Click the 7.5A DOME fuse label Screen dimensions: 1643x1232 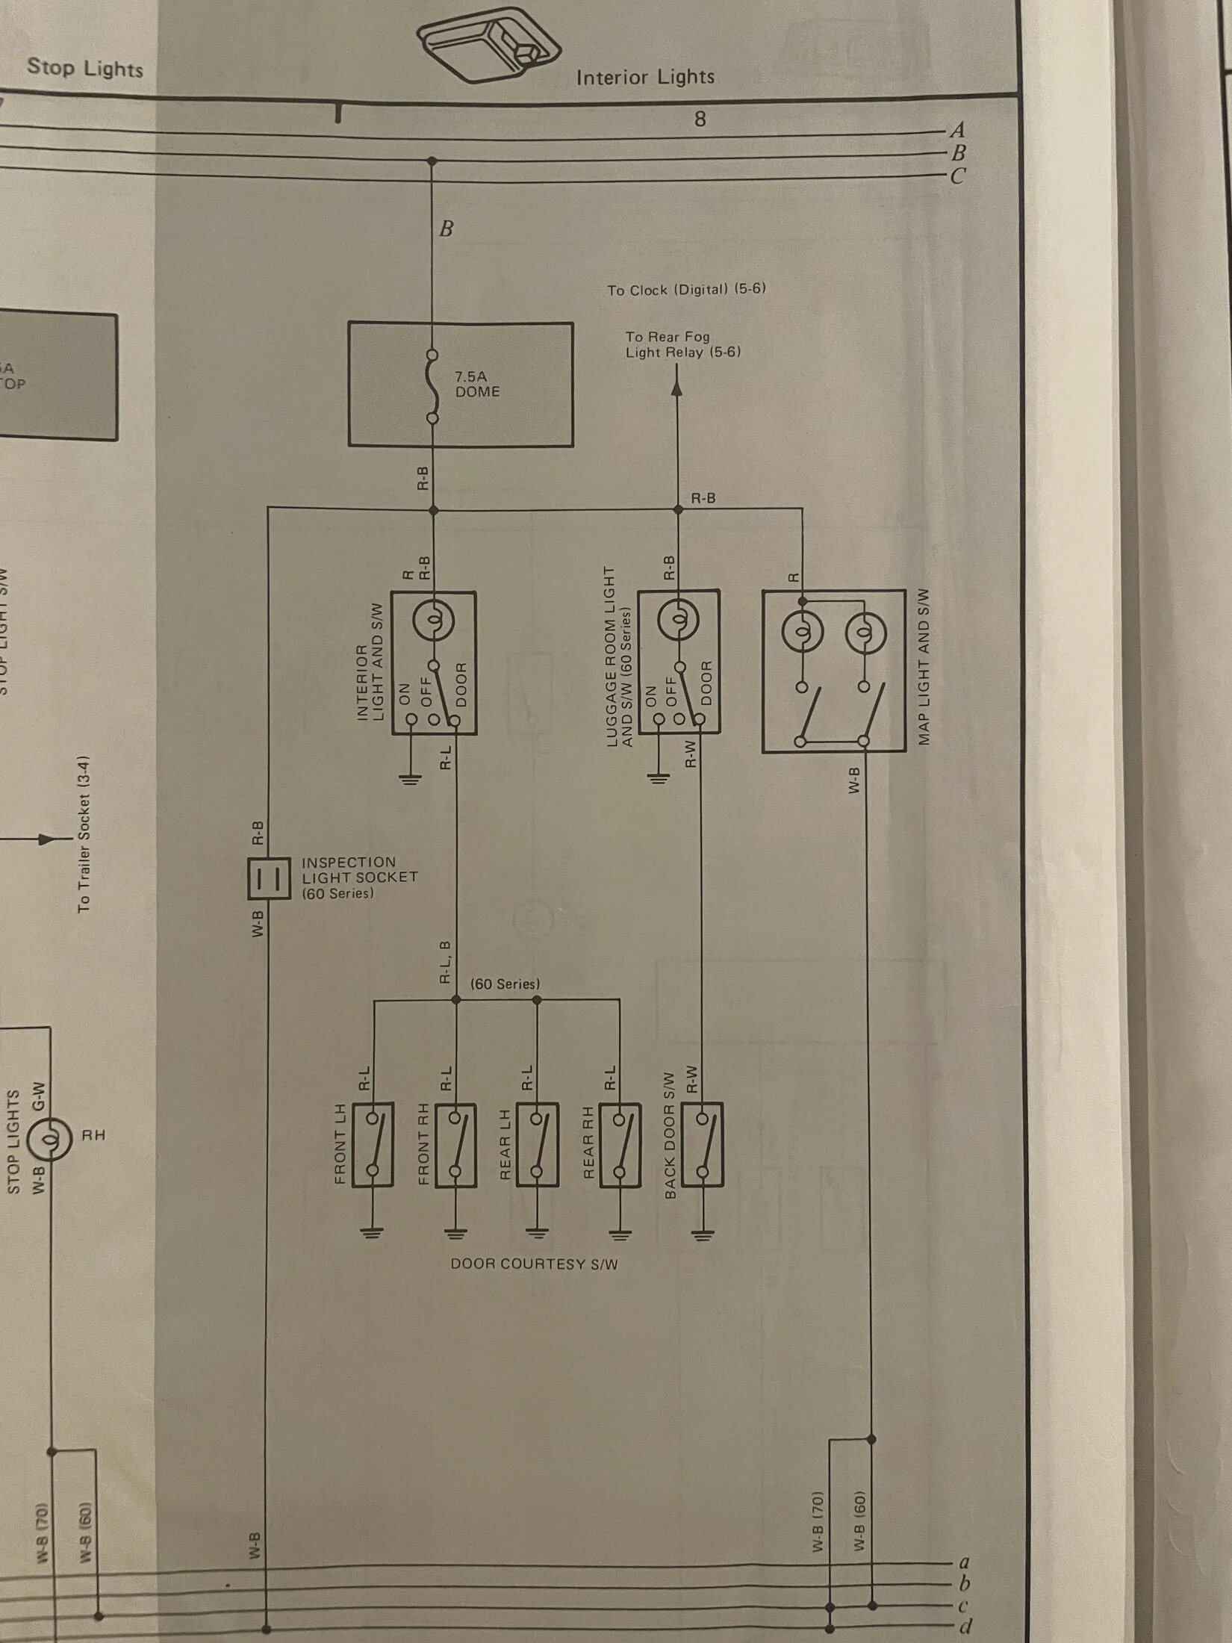click(476, 384)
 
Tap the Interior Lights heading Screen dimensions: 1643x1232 click(645, 77)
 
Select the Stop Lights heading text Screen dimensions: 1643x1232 click(84, 68)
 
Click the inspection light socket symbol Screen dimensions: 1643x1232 click(268, 878)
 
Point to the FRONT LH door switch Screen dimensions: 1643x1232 click(373, 1143)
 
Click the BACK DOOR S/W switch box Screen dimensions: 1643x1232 click(702, 1143)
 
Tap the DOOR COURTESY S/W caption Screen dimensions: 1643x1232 click(534, 1264)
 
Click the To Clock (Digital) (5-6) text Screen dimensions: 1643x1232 click(686, 289)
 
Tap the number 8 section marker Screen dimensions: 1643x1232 click(700, 119)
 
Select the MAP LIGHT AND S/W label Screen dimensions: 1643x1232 click(924, 666)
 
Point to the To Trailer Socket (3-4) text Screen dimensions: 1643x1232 click(84, 833)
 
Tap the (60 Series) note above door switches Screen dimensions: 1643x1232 click(505, 984)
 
